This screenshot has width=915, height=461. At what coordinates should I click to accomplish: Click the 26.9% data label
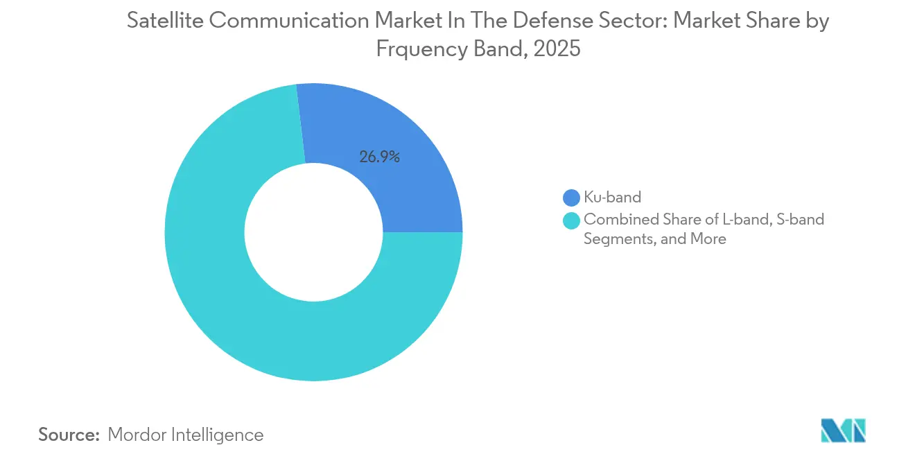[379, 157]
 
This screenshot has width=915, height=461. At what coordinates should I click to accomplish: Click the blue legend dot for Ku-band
[572, 198]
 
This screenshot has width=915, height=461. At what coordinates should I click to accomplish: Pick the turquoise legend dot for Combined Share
[572, 220]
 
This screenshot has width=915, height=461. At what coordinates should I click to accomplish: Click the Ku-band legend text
[612, 198]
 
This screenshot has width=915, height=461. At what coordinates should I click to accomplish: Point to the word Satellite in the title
[164, 21]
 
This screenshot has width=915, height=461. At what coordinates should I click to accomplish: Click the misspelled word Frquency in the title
[421, 49]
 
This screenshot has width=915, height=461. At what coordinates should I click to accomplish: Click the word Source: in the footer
[69, 435]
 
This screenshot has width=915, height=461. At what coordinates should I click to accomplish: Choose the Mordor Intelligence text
[186, 435]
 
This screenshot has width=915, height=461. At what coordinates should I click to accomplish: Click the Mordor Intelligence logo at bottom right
[843, 431]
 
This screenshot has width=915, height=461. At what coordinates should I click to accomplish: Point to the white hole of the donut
[313, 232]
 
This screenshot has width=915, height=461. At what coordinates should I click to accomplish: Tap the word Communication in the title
[290, 21]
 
